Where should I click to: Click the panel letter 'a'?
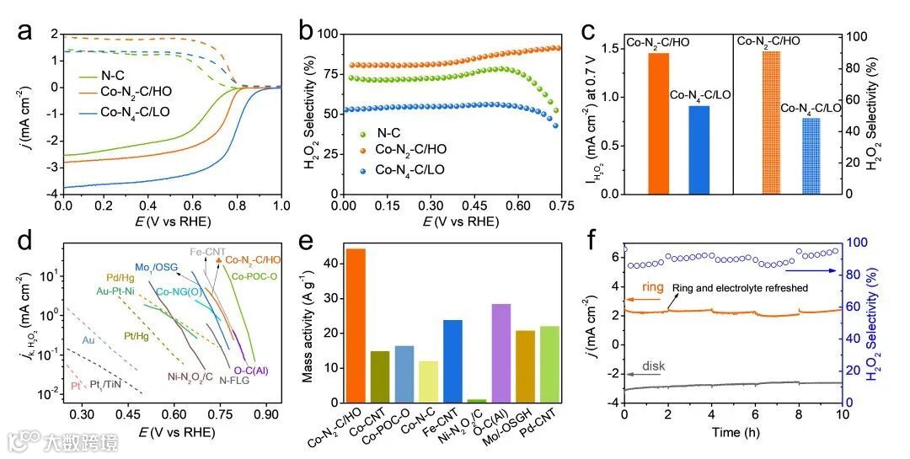(26, 31)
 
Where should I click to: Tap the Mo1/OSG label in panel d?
(158, 267)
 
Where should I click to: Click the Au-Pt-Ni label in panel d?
(119, 291)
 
